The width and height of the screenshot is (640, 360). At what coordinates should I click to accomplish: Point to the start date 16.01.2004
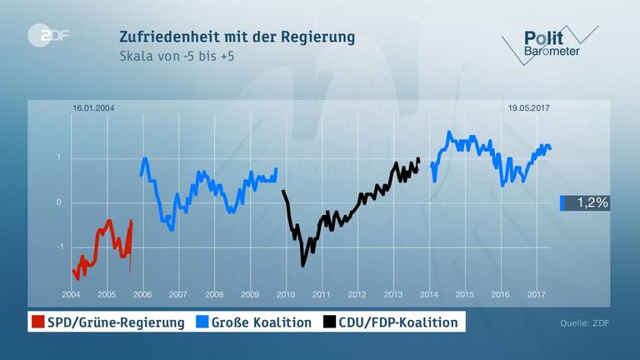[92, 107]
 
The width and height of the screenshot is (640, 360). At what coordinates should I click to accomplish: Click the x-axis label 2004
[71, 295]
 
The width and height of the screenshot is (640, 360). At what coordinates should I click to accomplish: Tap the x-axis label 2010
[286, 295]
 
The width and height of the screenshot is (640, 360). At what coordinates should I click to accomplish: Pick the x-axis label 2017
[537, 295]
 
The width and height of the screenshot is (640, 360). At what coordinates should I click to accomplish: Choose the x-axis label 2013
[393, 295]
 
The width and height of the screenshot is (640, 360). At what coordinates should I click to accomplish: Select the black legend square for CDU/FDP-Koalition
[330, 322]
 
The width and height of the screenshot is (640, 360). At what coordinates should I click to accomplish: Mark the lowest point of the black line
[302, 265]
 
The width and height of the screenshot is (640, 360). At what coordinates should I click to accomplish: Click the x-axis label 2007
[178, 295]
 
